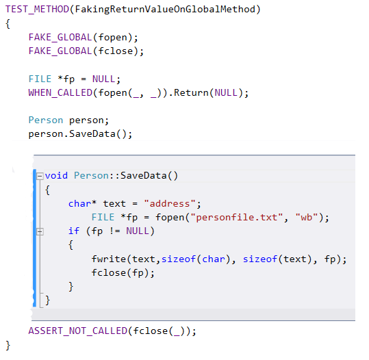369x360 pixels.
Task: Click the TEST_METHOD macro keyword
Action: click(x=37, y=10)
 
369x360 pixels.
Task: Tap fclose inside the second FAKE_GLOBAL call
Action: click(x=116, y=51)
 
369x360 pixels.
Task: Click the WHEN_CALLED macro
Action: click(x=60, y=92)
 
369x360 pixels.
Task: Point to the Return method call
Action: click(x=191, y=92)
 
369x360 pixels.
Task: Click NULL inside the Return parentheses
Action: click(x=226, y=92)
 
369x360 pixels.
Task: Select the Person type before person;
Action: click(x=46, y=120)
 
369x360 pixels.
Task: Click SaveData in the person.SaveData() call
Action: click(x=92, y=134)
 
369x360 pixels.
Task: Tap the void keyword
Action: click(x=56, y=175)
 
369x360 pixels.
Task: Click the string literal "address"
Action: click(x=170, y=203)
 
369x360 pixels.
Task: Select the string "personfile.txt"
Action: click(x=236, y=217)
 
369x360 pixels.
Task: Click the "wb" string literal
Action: click(x=307, y=217)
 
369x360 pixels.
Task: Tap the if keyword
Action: click(x=74, y=231)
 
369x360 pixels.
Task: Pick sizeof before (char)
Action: click(x=179, y=259)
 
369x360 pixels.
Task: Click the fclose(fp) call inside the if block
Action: click(x=120, y=273)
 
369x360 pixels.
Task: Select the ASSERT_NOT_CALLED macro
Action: click(x=77, y=331)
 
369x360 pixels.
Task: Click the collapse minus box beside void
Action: click(x=40, y=176)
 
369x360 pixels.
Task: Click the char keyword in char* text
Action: click(x=79, y=203)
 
